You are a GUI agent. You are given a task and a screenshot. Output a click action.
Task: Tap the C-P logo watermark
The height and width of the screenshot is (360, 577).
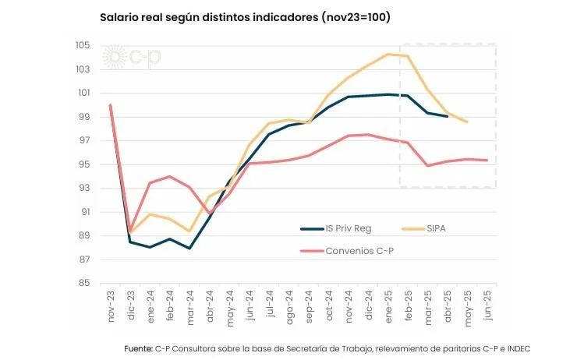133,57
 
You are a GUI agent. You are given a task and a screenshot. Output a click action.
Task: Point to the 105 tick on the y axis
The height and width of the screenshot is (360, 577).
83,45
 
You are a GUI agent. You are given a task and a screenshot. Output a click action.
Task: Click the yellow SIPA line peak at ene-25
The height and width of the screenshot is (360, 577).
388,54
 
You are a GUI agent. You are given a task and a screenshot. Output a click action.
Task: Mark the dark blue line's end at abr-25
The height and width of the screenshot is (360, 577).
447,116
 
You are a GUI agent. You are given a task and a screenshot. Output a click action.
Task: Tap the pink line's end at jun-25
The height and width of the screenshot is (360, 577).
487,161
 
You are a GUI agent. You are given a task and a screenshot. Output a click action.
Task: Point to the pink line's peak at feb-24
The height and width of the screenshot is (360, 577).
170,176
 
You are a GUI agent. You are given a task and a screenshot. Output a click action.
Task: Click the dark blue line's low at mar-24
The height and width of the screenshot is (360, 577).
189,249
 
